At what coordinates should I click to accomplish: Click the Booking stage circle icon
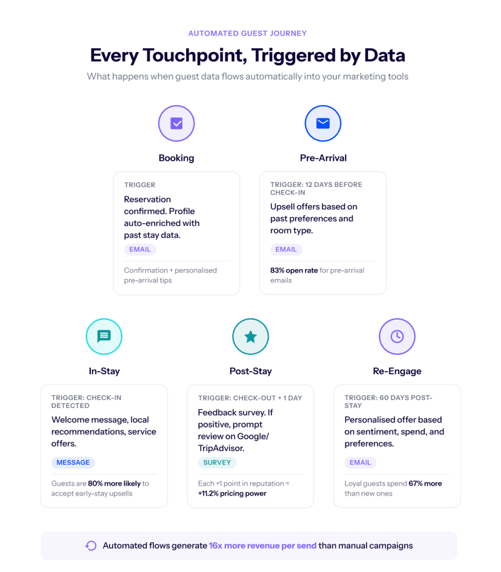click(176, 123)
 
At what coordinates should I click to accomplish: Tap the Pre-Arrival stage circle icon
click(323, 123)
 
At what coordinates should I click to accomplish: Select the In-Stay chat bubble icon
click(104, 336)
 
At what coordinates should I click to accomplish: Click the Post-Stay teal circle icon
click(250, 336)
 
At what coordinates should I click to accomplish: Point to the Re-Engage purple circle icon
click(397, 336)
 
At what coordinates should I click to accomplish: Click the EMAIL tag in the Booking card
click(140, 249)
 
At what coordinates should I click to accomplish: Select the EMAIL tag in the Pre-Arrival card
click(286, 249)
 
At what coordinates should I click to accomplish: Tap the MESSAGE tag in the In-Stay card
click(73, 462)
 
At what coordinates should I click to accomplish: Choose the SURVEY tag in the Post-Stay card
click(217, 462)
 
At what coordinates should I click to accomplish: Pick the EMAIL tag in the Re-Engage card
click(360, 462)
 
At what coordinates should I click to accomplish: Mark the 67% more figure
click(425, 483)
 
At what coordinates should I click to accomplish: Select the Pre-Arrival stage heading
click(323, 158)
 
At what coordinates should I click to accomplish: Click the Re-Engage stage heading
click(397, 371)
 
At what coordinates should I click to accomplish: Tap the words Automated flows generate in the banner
click(155, 546)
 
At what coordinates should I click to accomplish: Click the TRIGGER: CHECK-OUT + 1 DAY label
click(250, 398)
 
